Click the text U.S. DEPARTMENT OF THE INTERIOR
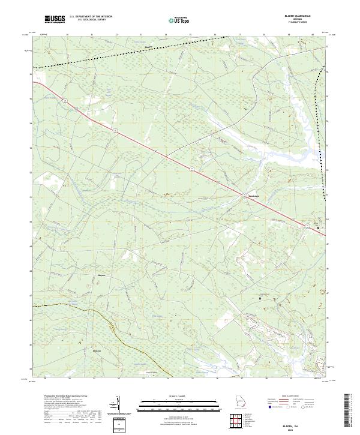pyautogui.click(x=91, y=17)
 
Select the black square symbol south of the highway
pyautogui.click(x=260, y=298)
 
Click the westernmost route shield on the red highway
pyautogui.click(x=62, y=102)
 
